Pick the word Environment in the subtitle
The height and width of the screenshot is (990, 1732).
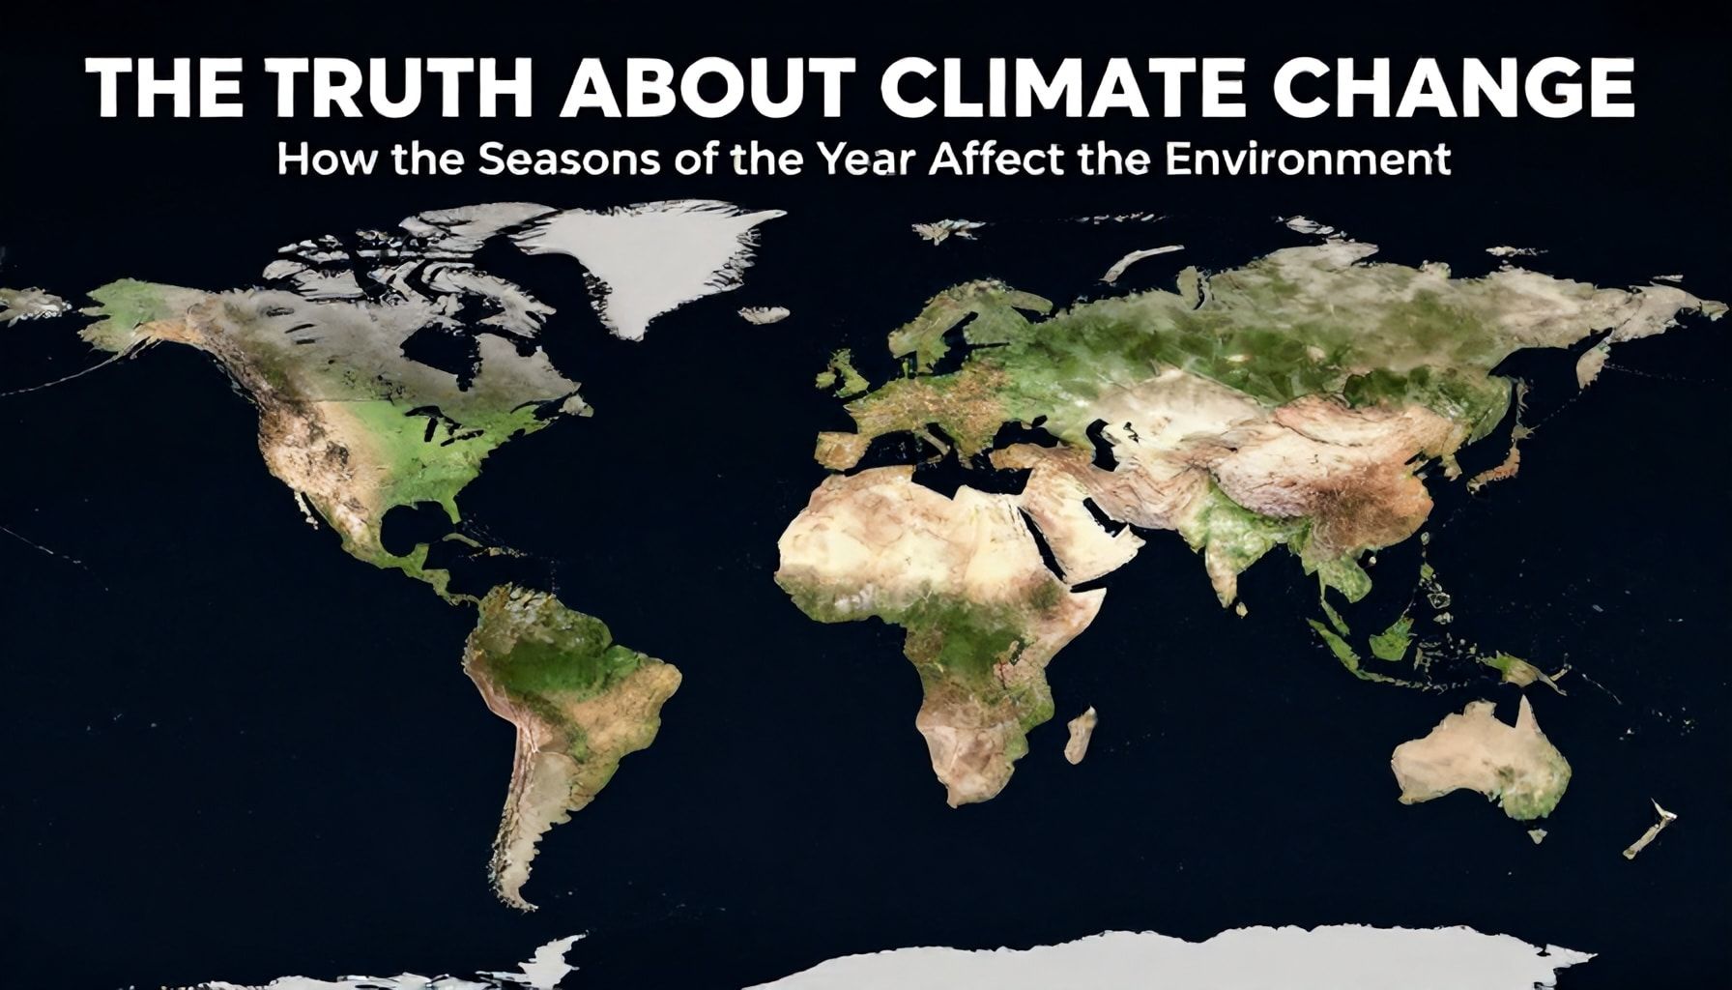[1308, 160]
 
